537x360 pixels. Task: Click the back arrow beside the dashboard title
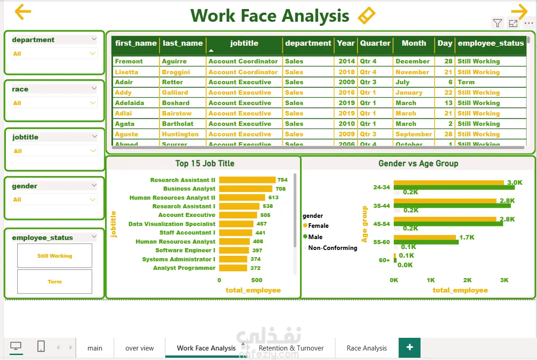pos(23,12)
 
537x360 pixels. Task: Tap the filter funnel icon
pos(497,23)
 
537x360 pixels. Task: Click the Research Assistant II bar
pos(247,180)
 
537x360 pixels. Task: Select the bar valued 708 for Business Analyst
pos(246,189)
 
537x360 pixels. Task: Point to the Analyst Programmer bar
pos(233,268)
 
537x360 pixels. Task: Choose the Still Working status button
pos(54,256)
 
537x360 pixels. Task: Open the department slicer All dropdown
pos(54,53)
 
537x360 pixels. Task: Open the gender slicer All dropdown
pos(54,199)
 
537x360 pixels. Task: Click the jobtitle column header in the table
pos(244,43)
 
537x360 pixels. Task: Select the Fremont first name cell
pos(129,61)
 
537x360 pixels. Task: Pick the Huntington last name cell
pos(180,134)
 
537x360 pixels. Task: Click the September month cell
pos(413,134)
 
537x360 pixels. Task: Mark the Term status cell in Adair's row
pos(466,82)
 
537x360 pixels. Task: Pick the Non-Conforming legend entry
pos(332,248)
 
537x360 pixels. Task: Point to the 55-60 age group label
pos(381,242)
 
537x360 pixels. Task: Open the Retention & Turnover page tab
pos(291,348)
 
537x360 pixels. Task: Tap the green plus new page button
pos(410,347)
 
